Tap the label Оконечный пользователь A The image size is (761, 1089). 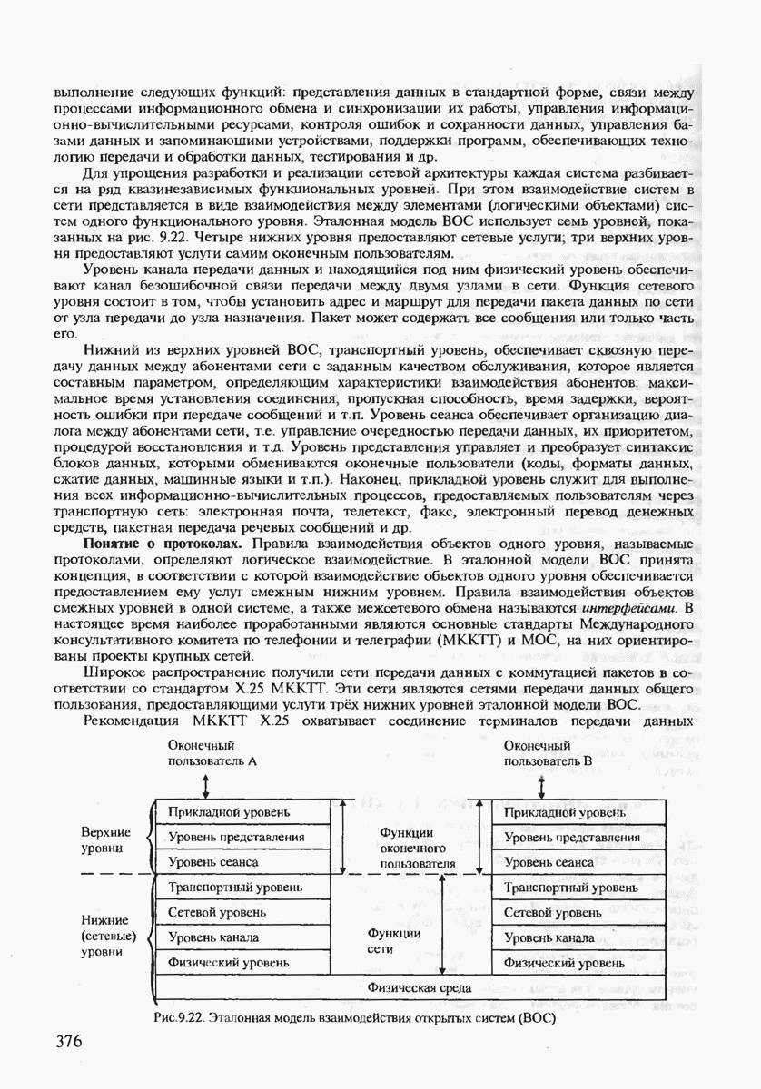tap(213, 752)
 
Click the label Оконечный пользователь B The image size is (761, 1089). tap(548, 752)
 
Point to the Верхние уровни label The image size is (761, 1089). tap(106, 839)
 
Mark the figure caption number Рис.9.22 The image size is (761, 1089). tap(180, 1017)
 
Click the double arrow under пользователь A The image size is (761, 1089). tap(207, 783)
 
